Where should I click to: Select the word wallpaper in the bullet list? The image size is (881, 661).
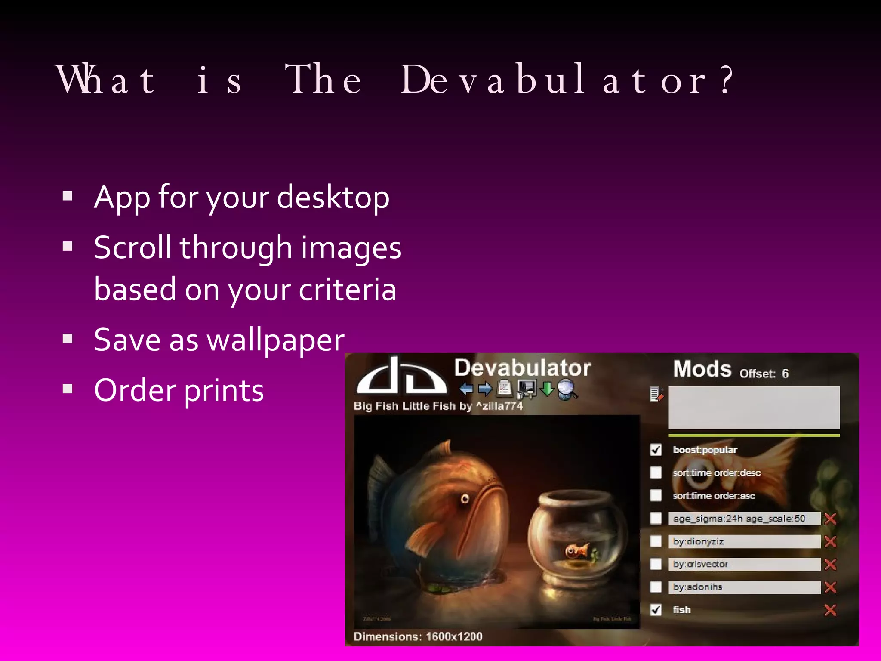275,340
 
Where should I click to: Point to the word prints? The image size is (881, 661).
224,391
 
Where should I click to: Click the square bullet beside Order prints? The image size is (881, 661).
68,389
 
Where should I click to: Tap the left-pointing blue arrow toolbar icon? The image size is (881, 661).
466,389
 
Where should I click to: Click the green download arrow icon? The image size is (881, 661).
547,388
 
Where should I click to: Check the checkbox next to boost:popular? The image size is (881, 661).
656,450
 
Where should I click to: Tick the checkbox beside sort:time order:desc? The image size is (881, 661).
656,473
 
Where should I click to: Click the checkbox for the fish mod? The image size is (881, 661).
656,610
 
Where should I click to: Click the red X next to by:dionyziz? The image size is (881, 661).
830,541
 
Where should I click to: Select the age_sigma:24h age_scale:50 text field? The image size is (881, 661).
744,519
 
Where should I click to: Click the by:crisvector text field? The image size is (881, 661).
744,564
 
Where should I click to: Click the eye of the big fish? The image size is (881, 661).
465,499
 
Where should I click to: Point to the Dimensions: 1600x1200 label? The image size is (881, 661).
418,636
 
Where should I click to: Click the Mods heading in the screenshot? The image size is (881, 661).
702,369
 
